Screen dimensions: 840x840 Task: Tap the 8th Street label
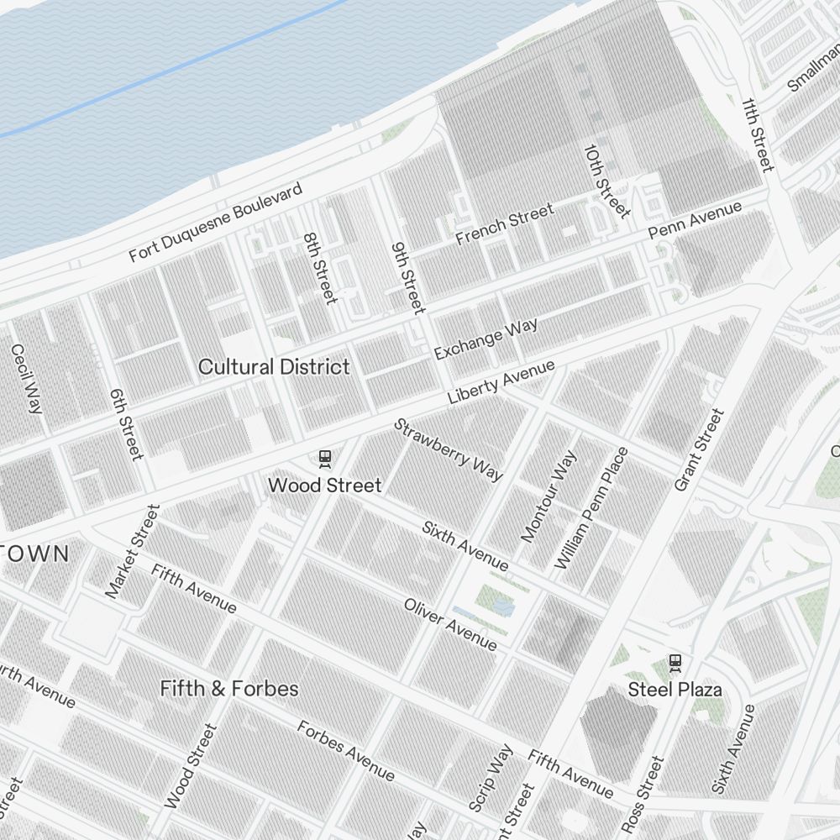pyautogui.click(x=319, y=268)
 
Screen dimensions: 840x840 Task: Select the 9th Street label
pyautogui.click(x=408, y=278)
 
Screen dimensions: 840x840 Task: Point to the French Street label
pyautogui.click(x=504, y=224)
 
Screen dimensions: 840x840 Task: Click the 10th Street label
pyautogui.click(x=606, y=180)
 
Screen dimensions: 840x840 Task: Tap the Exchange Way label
pyautogui.click(x=486, y=339)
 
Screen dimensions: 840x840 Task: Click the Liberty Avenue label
pyautogui.click(x=501, y=382)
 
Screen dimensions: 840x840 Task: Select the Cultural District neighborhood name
pyautogui.click(x=274, y=367)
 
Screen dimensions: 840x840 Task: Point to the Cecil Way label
pyautogui.click(x=25, y=378)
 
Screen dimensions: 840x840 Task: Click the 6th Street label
pyautogui.click(x=126, y=424)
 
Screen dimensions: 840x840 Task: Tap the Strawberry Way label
pyautogui.click(x=449, y=449)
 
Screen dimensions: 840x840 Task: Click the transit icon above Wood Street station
pyautogui.click(x=324, y=459)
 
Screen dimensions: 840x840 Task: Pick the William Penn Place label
pyautogui.click(x=591, y=508)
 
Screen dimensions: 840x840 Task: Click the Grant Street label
pyautogui.click(x=699, y=450)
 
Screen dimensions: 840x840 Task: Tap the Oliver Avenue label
pyautogui.click(x=449, y=624)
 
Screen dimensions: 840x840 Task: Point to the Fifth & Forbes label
pyautogui.click(x=229, y=689)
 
